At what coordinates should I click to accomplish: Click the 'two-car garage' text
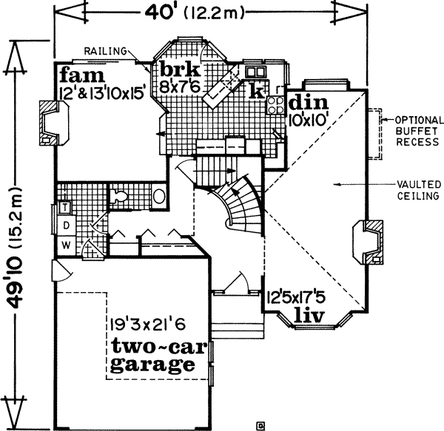pyautogui.click(x=153, y=356)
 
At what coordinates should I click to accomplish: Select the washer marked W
pyautogui.click(x=66, y=243)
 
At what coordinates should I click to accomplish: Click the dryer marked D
pyautogui.click(x=65, y=224)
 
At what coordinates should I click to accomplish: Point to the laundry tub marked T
pyautogui.click(x=64, y=207)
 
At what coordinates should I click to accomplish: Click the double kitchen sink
pyautogui.click(x=256, y=72)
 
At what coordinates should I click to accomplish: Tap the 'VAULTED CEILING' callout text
pyautogui.click(x=419, y=189)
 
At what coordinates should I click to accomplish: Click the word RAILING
pyautogui.click(x=103, y=50)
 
